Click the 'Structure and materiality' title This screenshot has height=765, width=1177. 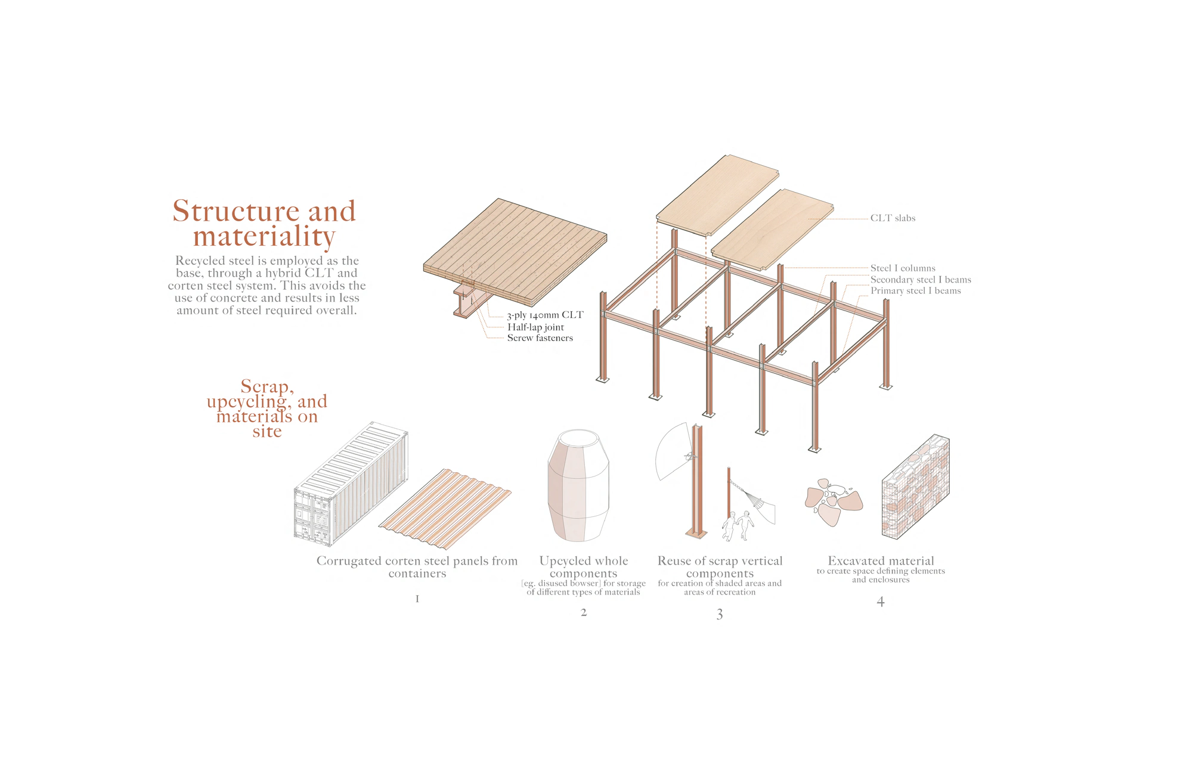264,224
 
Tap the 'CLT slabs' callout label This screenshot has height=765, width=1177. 892,218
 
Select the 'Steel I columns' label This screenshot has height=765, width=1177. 902,268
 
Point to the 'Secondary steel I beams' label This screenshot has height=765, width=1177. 920,280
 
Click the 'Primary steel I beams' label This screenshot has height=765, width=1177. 915,291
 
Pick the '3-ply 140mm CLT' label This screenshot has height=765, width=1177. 545,315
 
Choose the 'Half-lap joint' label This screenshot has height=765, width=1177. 535,327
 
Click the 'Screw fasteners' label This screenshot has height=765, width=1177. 540,338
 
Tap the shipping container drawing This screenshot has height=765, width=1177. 350,484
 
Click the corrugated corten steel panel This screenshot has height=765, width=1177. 445,509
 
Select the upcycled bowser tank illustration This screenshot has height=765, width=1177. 578,486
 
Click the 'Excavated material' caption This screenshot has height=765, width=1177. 881,561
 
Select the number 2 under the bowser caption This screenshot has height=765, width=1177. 584,612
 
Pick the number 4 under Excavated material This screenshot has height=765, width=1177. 881,602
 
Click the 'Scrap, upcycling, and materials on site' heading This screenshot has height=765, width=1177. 267,408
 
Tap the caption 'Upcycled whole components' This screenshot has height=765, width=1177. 583,567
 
